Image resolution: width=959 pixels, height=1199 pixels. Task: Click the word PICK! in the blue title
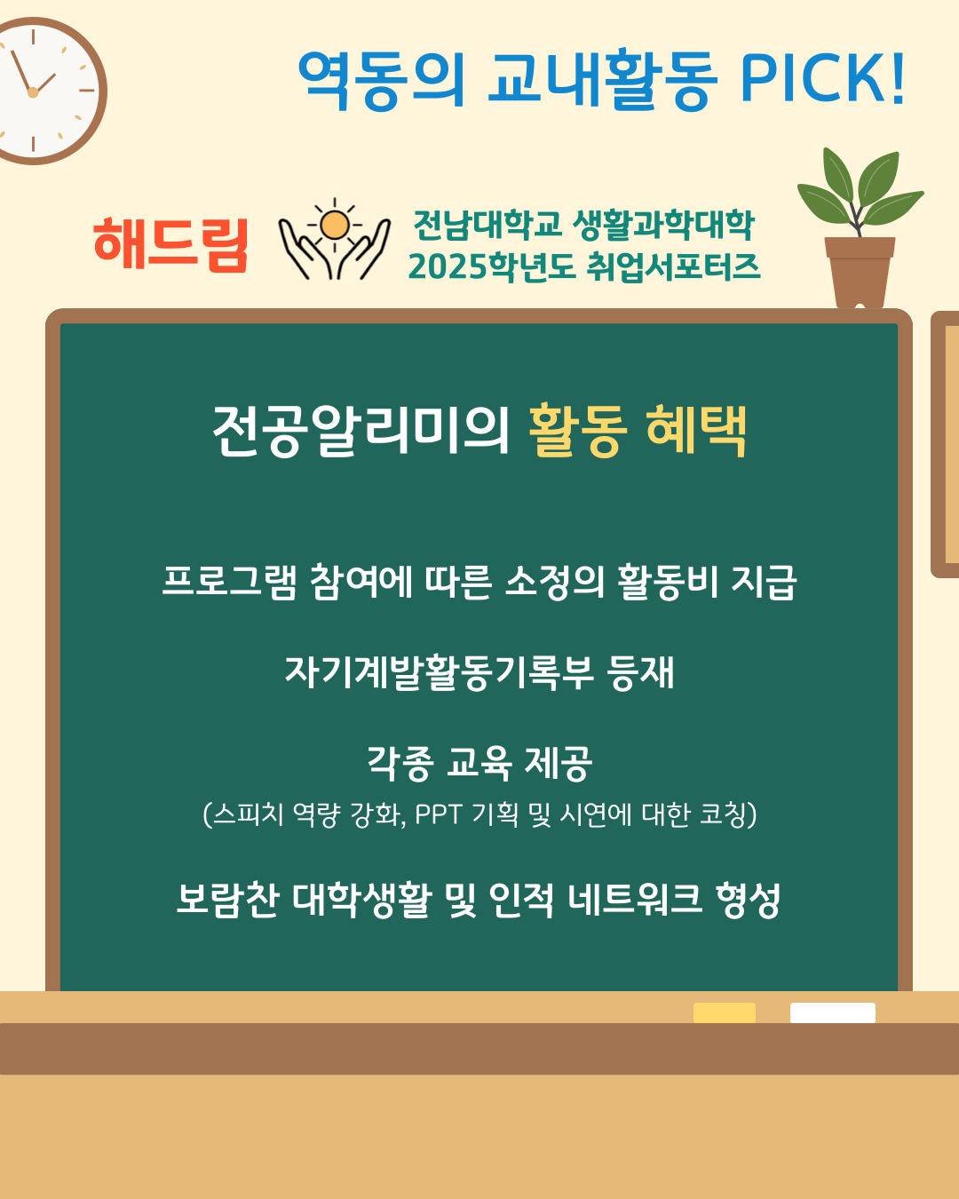(x=822, y=78)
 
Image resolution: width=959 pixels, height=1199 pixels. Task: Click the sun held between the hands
(x=335, y=225)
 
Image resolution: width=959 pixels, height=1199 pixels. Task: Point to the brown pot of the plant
(x=860, y=273)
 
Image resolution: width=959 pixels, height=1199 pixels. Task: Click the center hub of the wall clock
(x=33, y=92)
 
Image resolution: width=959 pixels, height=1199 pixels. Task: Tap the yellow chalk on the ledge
(x=725, y=1012)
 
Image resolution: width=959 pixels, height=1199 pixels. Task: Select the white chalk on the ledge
(x=833, y=1012)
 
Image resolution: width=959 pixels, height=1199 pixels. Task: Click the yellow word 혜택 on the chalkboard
(x=696, y=430)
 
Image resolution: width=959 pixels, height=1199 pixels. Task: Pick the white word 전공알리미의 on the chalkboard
(x=361, y=430)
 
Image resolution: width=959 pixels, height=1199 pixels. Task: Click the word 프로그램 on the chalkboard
(x=229, y=583)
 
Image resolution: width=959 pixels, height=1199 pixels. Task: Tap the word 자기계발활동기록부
(x=440, y=672)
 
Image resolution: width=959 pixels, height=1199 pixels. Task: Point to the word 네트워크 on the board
(x=635, y=899)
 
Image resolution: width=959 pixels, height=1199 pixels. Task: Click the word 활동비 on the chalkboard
(x=668, y=583)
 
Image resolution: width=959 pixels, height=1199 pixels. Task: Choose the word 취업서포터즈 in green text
(x=673, y=266)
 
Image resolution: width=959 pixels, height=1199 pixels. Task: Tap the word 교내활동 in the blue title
(x=602, y=78)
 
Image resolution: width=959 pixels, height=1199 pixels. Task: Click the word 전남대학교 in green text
(x=487, y=225)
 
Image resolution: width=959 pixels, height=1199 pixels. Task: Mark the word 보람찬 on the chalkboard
(x=227, y=899)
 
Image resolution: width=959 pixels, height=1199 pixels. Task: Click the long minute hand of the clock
(x=21, y=71)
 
